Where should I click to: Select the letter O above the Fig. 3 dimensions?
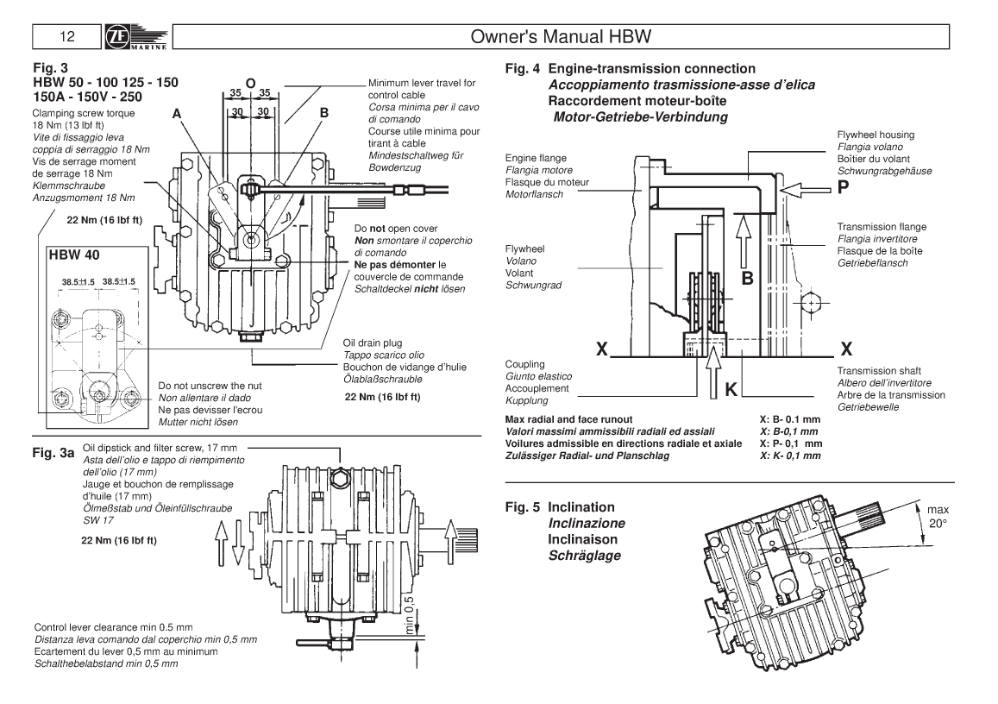pyautogui.click(x=250, y=83)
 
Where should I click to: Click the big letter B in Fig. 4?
pyautogui.click(x=748, y=278)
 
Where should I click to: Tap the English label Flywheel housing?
pyautogui.click(x=876, y=135)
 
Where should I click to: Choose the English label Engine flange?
pyautogui.click(x=534, y=159)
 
